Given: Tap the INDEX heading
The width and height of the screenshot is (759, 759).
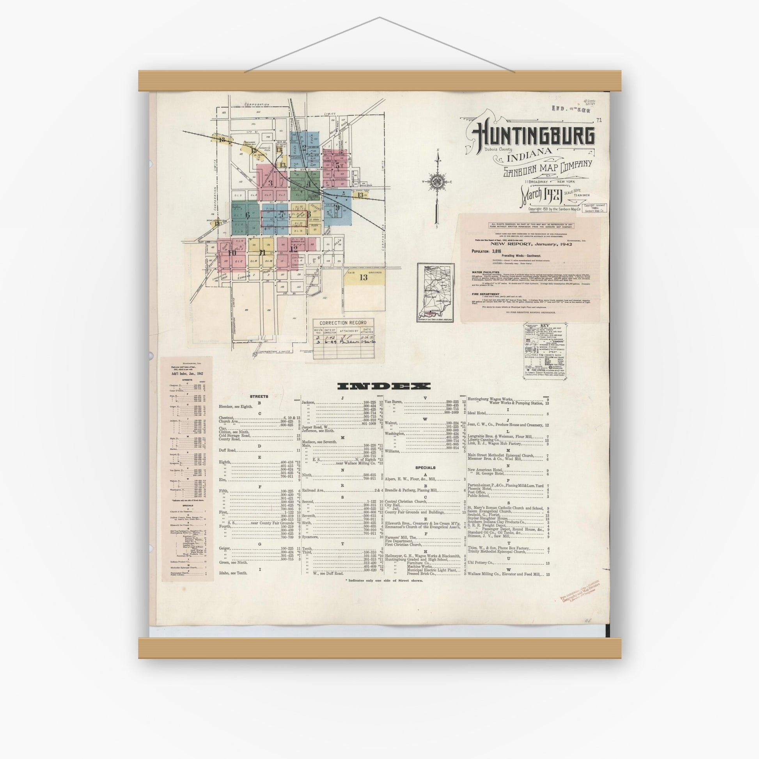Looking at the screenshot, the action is coord(384,386).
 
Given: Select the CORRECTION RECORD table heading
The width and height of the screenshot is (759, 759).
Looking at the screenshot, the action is coord(343,323).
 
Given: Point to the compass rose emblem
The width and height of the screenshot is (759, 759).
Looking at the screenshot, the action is coord(436,181).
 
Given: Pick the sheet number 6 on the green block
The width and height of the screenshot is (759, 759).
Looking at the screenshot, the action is coord(248,215).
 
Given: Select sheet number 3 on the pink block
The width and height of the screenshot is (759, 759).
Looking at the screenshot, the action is coord(270,182).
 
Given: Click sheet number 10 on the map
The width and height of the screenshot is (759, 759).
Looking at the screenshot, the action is coord(232,253).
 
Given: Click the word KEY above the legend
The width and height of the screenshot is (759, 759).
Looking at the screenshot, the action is coord(545,326).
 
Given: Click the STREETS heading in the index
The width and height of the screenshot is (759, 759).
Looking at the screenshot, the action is coord(259,396).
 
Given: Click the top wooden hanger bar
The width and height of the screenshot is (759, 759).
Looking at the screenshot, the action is coord(379,80).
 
